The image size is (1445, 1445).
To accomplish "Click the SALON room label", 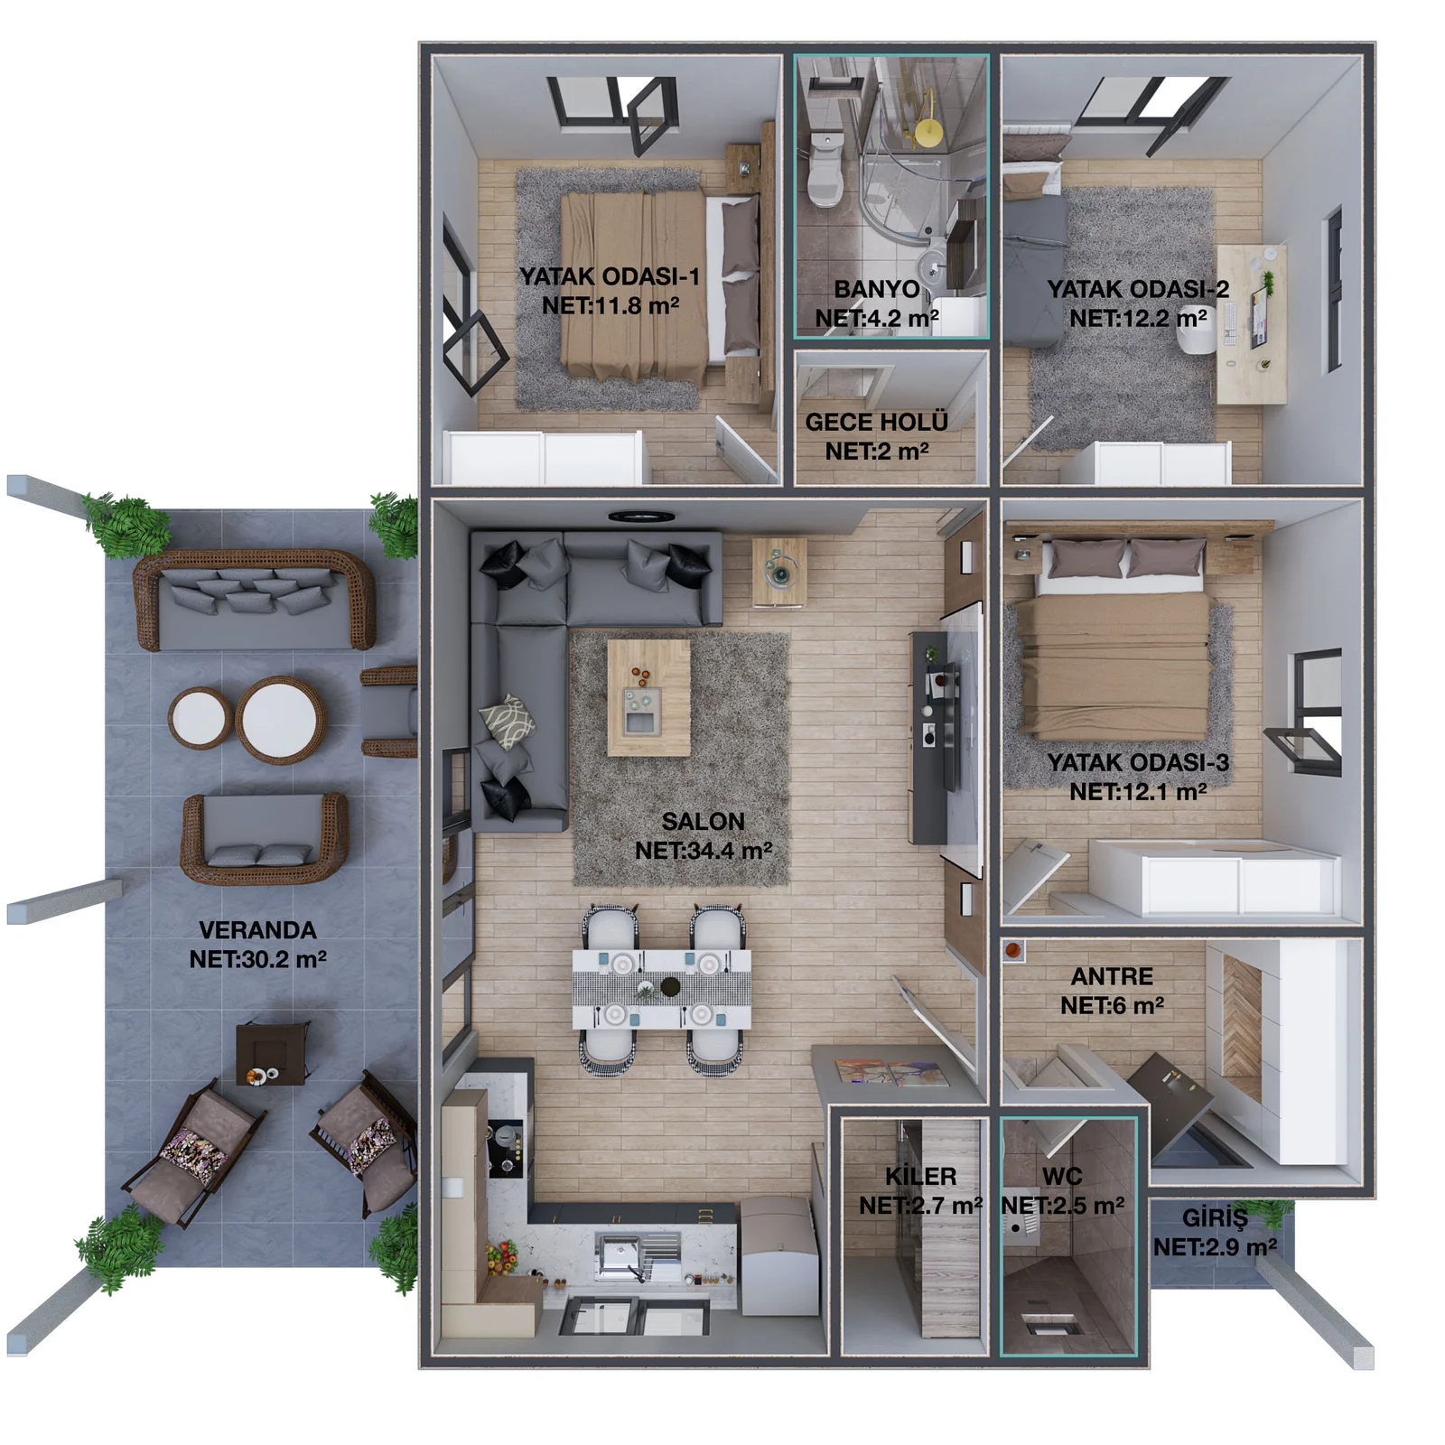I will [x=703, y=822].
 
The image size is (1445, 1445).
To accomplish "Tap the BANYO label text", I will [x=876, y=289].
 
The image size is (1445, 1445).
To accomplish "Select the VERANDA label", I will [x=257, y=930].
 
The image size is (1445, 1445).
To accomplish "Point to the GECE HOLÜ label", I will [x=876, y=422].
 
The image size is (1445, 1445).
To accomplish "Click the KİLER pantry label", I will [x=920, y=1176].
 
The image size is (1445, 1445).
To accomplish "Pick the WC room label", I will [x=1061, y=1176].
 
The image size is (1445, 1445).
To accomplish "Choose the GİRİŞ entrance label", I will [x=1215, y=1217].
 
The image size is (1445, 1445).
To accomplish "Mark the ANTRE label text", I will [x=1112, y=976].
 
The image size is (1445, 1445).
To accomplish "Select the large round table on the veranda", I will [x=280, y=721].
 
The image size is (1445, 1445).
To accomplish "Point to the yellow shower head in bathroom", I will [x=928, y=134].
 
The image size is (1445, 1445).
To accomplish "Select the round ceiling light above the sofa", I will [x=641, y=517].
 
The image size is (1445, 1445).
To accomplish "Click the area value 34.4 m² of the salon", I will [x=703, y=851].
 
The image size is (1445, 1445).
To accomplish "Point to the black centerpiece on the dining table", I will [x=670, y=985].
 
